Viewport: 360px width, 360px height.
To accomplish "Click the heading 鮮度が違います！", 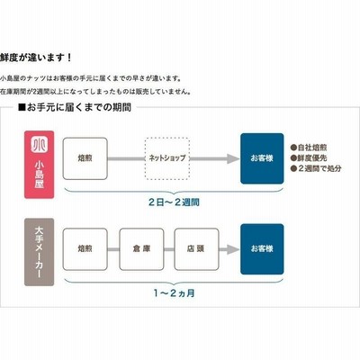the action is (36, 57).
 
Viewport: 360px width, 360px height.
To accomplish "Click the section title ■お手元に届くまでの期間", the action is (75, 107).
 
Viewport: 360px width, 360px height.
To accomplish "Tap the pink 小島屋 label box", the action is (40, 165).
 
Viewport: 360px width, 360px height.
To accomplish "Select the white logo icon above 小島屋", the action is (40, 145).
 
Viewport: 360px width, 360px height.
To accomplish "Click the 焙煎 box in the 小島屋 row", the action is (85, 158).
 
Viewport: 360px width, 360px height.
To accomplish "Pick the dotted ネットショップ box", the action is (167, 158).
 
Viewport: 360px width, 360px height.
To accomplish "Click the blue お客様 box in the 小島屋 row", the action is (262, 158).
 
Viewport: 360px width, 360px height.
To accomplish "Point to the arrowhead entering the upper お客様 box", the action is (233, 158).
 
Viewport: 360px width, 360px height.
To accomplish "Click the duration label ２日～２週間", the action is (174, 202).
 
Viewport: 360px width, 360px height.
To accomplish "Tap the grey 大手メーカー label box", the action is (40, 252).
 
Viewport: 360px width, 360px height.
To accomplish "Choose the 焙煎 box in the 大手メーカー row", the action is (85, 249).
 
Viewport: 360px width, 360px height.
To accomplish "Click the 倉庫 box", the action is (141, 249).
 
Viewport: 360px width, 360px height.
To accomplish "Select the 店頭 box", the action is (196, 249).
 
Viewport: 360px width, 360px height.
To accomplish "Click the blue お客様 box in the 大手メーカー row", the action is (262, 249).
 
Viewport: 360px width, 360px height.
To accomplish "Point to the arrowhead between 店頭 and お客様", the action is (233, 249).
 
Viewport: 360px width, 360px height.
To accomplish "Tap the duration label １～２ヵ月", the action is (174, 293).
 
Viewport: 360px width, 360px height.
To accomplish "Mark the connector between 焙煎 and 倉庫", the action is (113, 249).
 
